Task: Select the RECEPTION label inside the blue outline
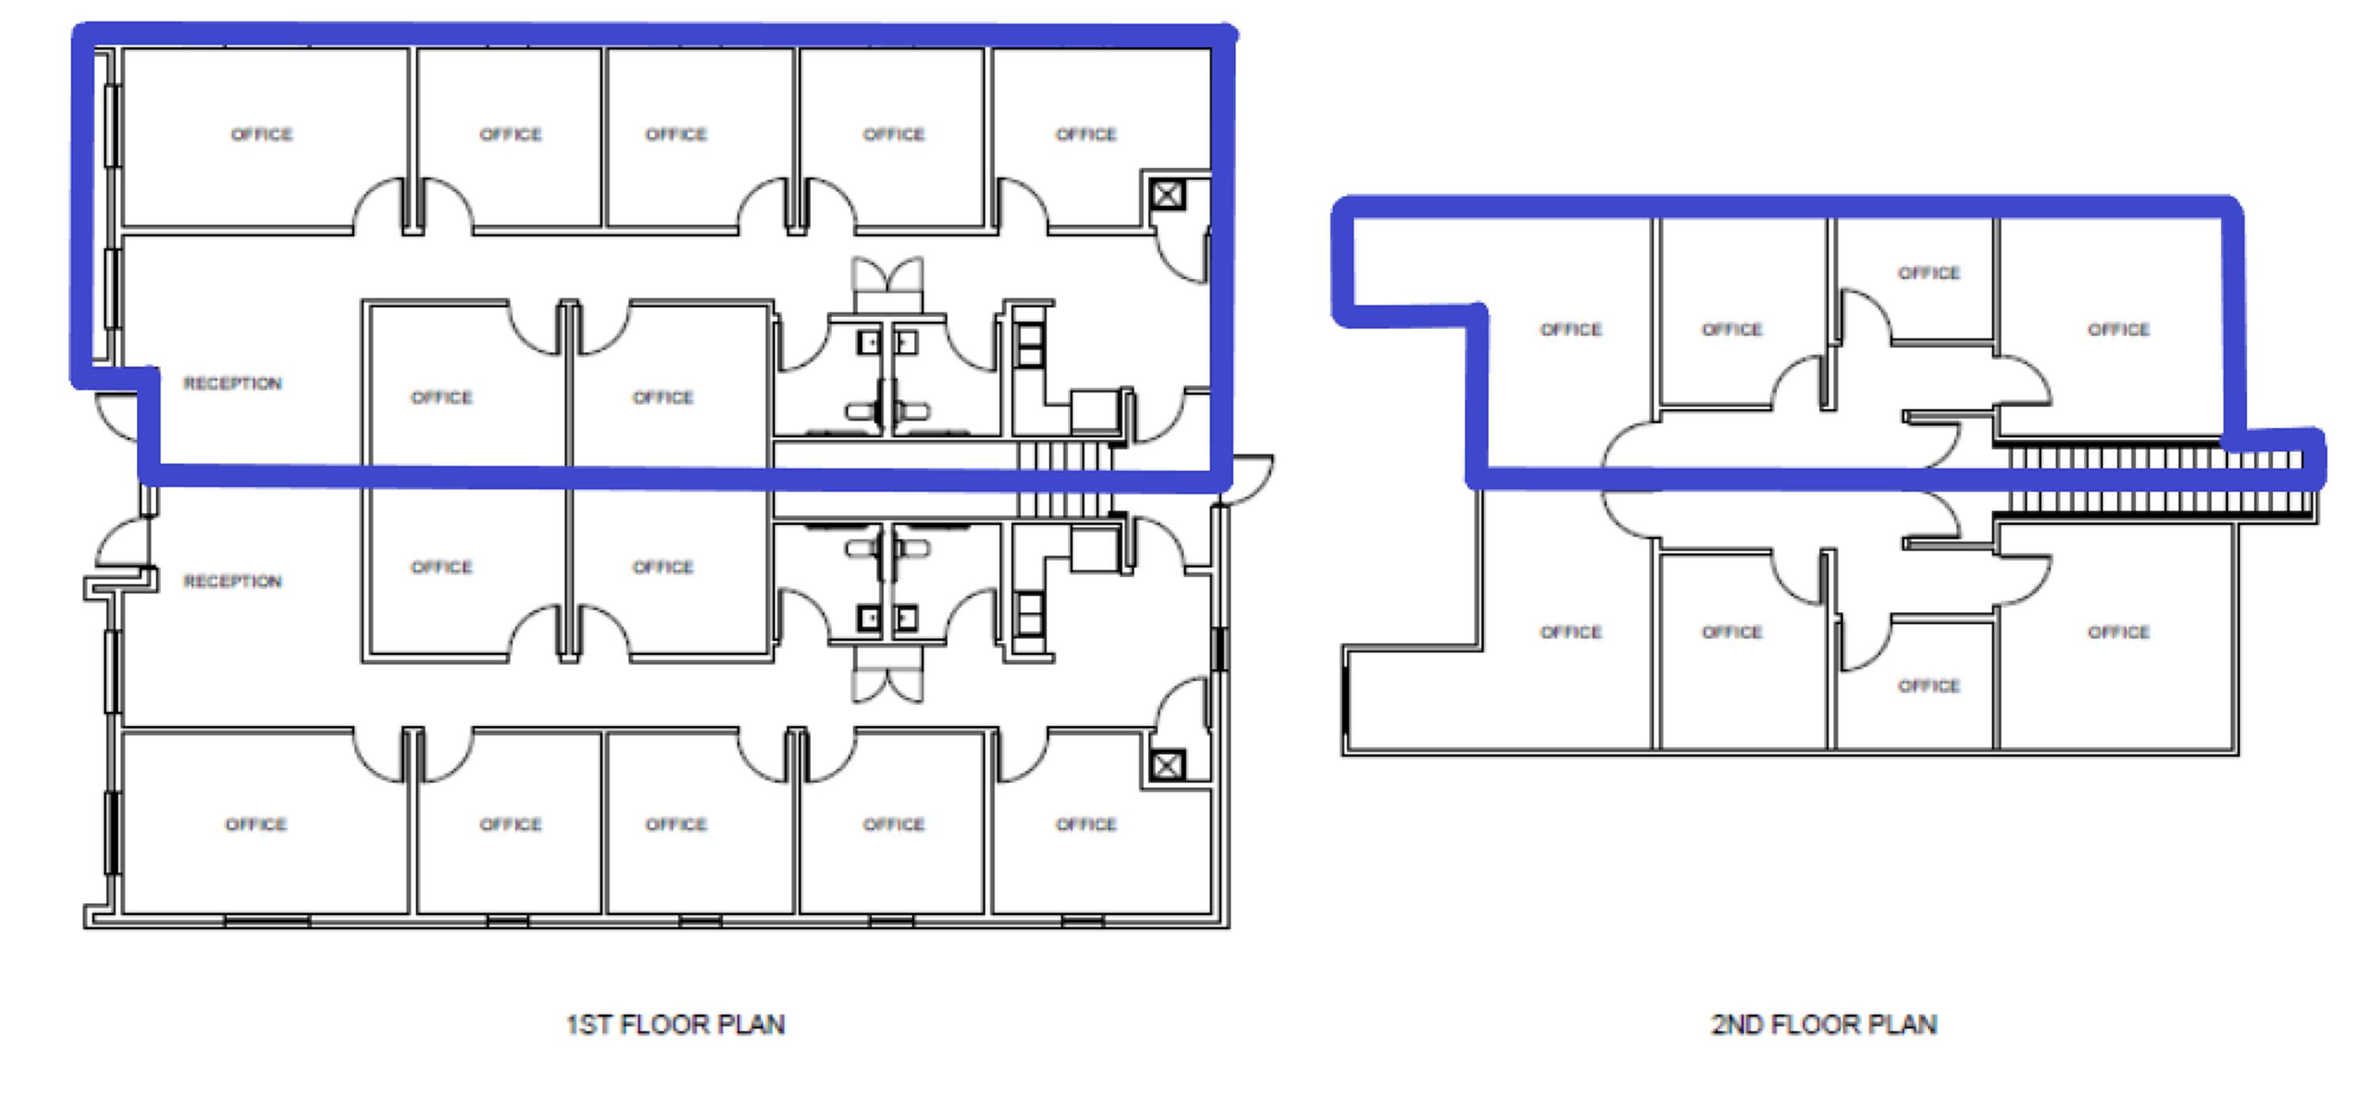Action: (x=232, y=383)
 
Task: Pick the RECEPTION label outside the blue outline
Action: (x=232, y=581)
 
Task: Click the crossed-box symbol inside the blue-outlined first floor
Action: (x=1166, y=195)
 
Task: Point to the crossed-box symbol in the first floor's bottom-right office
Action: (x=1166, y=765)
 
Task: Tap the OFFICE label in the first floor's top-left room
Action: (x=262, y=135)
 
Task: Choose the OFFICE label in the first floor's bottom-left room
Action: (x=257, y=825)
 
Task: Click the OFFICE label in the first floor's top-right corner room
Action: (x=1086, y=135)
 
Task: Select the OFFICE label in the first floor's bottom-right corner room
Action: (x=1086, y=825)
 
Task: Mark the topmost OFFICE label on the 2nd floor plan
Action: (x=1929, y=274)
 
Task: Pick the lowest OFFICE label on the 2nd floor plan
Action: (x=1929, y=686)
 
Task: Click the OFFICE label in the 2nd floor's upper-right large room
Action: (x=2119, y=330)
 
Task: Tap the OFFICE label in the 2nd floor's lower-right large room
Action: (x=2119, y=632)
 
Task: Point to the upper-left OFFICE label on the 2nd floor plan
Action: (x=1570, y=330)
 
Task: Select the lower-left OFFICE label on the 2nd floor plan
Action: (x=1570, y=632)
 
